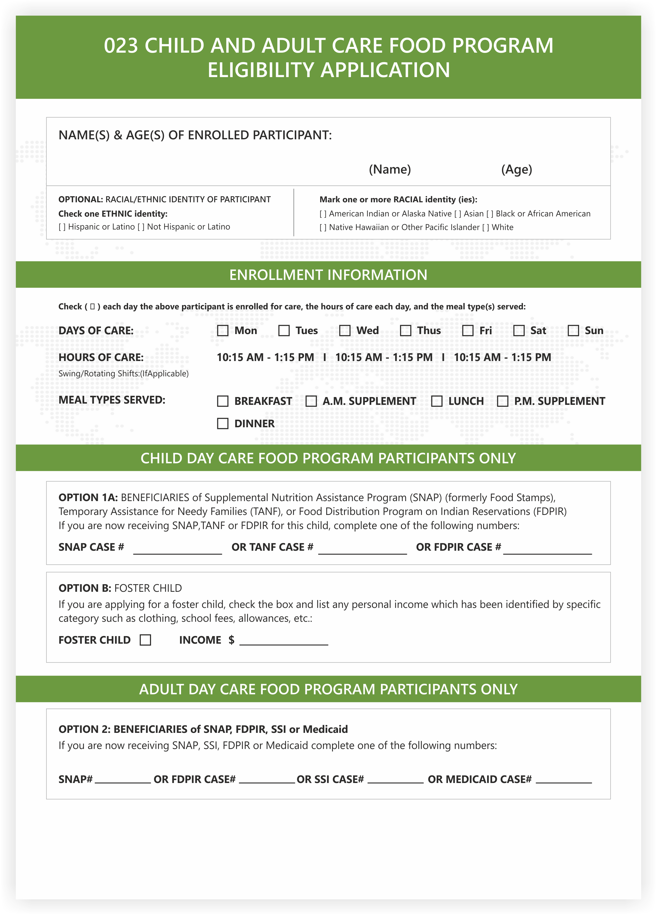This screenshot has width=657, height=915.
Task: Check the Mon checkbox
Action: [x=223, y=331]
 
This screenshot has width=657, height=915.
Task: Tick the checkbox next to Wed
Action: [x=344, y=331]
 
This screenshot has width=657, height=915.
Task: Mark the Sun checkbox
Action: [x=573, y=331]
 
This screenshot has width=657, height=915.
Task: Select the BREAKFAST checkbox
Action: [x=223, y=401]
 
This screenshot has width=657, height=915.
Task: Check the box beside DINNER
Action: [x=223, y=423]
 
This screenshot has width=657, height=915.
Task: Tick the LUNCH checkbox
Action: [x=436, y=401]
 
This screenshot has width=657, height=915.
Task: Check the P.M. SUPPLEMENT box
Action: [x=502, y=401]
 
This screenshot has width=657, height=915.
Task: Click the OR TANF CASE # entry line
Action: [x=362, y=549]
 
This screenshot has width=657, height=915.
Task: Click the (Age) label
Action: [x=517, y=170]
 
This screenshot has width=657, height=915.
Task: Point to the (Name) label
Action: [x=390, y=170]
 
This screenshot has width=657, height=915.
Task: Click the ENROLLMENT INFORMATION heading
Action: [x=328, y=275]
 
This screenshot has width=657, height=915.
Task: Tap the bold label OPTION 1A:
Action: [x=88, y=498]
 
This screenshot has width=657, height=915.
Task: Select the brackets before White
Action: [x=485, y=227]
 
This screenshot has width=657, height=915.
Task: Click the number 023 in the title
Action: [x=121, y=46]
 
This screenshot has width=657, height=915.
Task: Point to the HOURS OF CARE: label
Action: [x=101, y=357]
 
